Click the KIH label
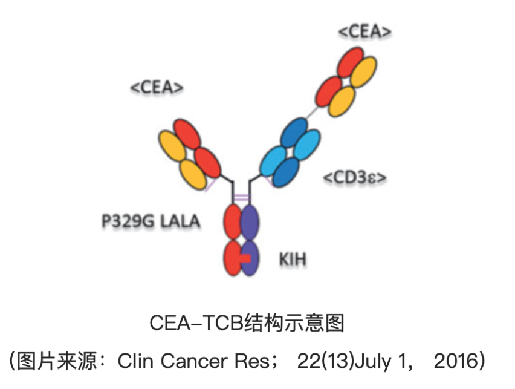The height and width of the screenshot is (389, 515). pos(292,260)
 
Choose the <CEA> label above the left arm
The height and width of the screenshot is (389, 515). pos(157,87)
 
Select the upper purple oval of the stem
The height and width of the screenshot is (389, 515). pos(250,223)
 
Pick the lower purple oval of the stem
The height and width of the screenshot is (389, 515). pos(250,259)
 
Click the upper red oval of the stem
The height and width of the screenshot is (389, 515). pos(233,223)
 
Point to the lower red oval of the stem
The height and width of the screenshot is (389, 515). pos(233,259)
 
